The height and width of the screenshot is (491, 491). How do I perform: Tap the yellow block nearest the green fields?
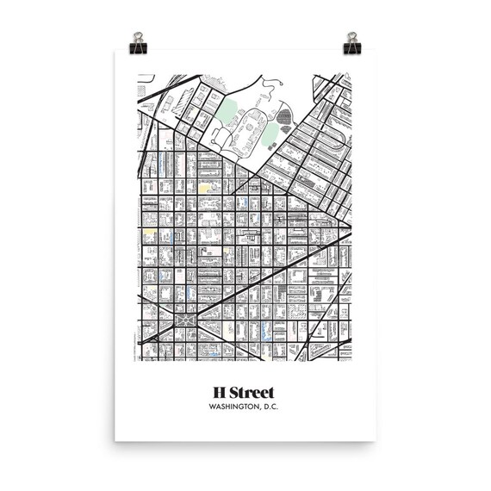205,185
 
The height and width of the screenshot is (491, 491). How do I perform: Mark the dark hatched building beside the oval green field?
284,117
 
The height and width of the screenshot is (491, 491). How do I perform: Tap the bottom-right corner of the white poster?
376,441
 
